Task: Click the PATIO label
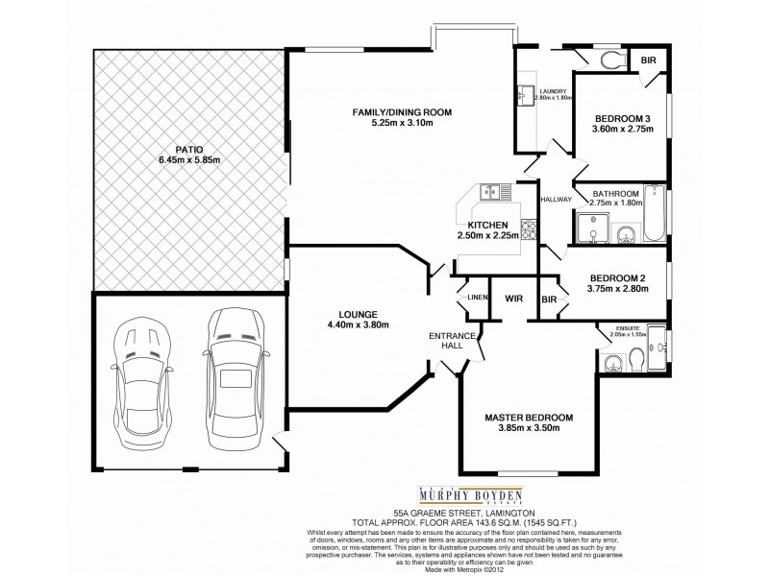188,148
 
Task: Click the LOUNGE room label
357,313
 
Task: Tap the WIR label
514,299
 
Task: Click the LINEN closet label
477,299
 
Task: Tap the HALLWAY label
556,200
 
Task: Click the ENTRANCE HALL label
452,340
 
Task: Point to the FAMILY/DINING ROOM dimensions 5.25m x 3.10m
401,123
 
